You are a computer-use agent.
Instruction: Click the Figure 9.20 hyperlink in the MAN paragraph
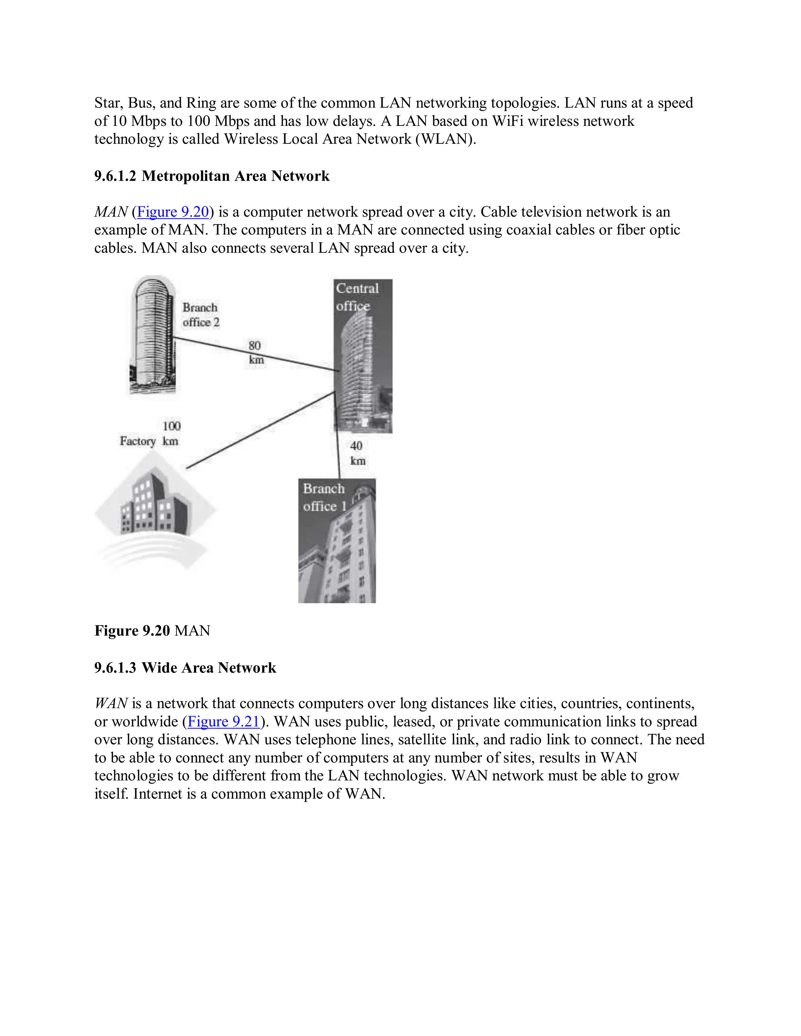[173, 212]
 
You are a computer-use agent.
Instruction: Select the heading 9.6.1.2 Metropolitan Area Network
[212, 176]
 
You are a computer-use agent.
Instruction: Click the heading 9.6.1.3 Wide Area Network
[185, 667]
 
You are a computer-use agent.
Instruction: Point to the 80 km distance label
[255, 353]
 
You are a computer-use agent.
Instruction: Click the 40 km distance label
[357, 453]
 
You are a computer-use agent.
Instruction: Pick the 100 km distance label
[171, 433]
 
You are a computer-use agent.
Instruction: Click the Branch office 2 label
[200, 315]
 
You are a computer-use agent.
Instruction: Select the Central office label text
[357, 297]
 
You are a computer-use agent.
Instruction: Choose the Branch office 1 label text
[325, 497]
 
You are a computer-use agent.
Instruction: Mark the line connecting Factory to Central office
[261, 430]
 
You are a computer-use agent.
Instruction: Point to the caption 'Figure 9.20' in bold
[132, 631]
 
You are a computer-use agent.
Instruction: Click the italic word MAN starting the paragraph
[111, 212]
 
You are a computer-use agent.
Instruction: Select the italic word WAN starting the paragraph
[111, 703]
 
